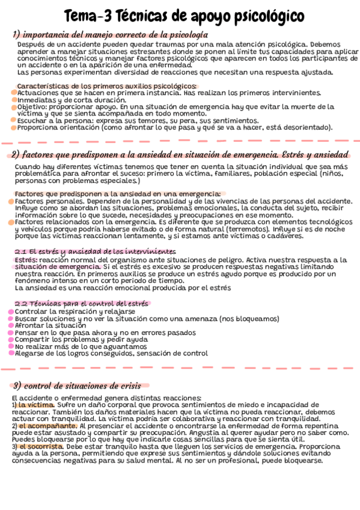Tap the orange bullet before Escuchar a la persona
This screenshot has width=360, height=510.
click(13, 120)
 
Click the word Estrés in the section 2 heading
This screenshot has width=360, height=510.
click(261, 153)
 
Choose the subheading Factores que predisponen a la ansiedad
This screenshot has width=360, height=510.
click(117, 193)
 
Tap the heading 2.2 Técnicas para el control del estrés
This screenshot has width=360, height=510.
click(81, 304)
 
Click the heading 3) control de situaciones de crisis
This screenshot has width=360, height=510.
click(76, 386)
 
